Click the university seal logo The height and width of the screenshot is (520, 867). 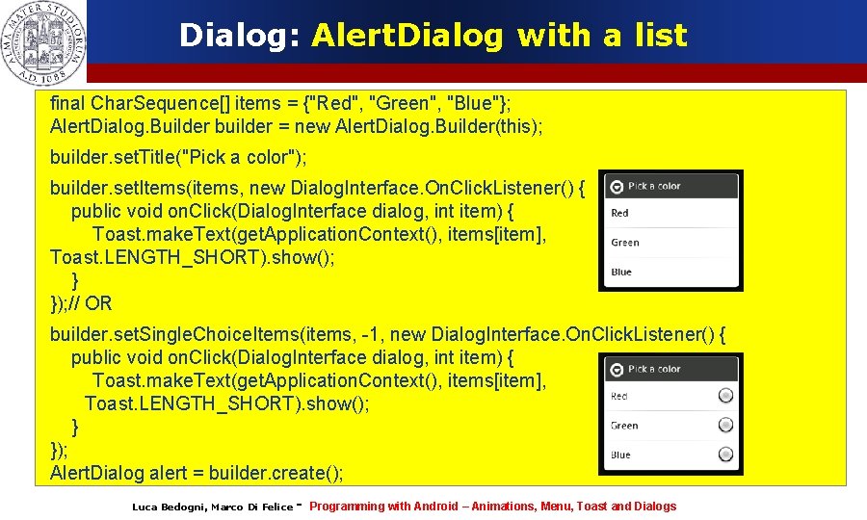point(44,41)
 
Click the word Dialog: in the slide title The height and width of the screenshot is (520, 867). point(241,36)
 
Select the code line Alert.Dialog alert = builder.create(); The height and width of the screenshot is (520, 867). point(197,473)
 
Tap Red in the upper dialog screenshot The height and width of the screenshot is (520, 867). point(620,213)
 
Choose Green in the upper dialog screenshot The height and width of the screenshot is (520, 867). point(625,243)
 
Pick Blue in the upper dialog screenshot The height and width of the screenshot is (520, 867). point(621,272)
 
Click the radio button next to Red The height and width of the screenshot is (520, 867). point(725,396)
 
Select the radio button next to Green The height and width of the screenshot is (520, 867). point(725,425)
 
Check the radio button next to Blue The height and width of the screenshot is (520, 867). point(725,455)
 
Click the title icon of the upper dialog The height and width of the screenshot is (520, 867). point(615,186)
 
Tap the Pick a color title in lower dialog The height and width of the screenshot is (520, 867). point(654,369)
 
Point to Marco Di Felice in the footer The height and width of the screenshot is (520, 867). point(251,507)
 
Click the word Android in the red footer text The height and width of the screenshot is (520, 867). point(435,506)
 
